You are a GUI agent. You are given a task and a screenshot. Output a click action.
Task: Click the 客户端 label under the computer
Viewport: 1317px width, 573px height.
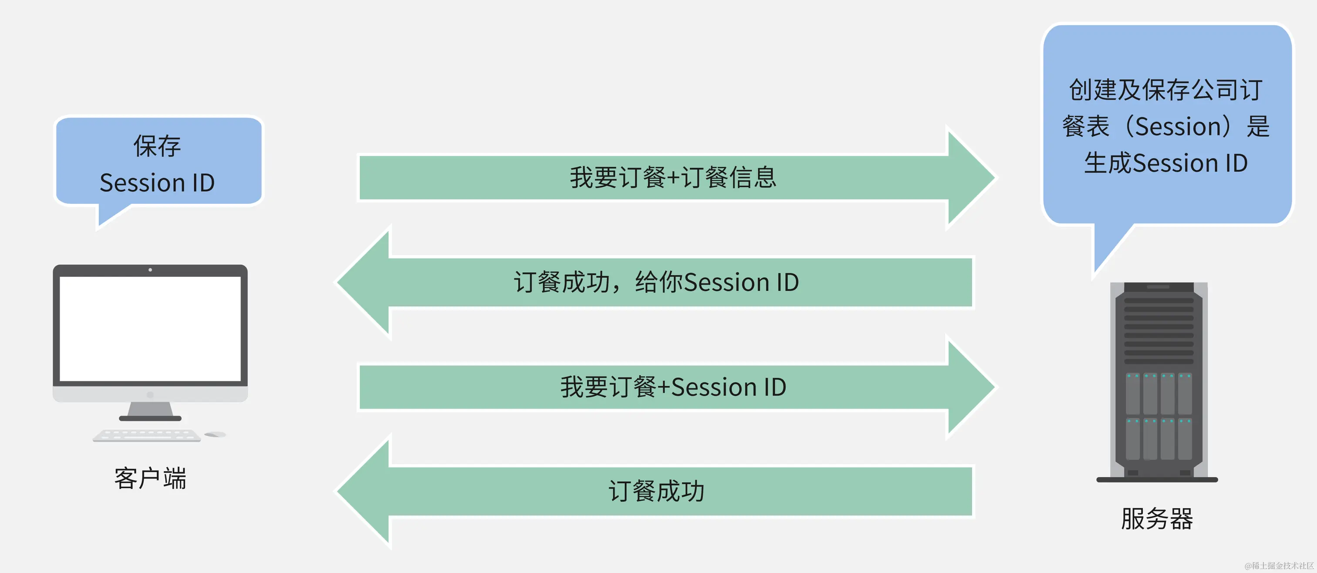150,479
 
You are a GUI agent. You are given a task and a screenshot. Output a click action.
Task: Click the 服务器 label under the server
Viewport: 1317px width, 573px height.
1157,519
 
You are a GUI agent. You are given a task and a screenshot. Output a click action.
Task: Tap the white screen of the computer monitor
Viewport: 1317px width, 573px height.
150,328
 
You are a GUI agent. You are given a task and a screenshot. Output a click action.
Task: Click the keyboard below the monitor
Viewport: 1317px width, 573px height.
147,435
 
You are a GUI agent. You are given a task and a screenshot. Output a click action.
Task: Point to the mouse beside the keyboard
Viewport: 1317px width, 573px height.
215,435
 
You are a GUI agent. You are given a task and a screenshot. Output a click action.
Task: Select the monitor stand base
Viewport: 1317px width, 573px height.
150,418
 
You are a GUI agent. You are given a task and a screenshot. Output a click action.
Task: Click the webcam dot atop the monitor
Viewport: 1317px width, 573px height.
150,270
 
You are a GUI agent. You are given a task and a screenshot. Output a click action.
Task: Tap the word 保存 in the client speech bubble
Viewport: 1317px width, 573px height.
157,146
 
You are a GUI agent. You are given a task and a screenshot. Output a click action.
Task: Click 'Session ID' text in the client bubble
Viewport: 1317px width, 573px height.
157,183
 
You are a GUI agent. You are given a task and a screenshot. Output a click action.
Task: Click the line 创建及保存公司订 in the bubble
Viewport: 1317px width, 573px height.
1166,90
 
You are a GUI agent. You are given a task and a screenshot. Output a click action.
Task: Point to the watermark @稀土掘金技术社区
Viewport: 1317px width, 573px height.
1279,565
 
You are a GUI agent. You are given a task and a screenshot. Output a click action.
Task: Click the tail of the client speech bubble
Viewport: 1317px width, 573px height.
109,215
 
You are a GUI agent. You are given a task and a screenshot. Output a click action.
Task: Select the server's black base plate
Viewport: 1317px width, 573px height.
1157,480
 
